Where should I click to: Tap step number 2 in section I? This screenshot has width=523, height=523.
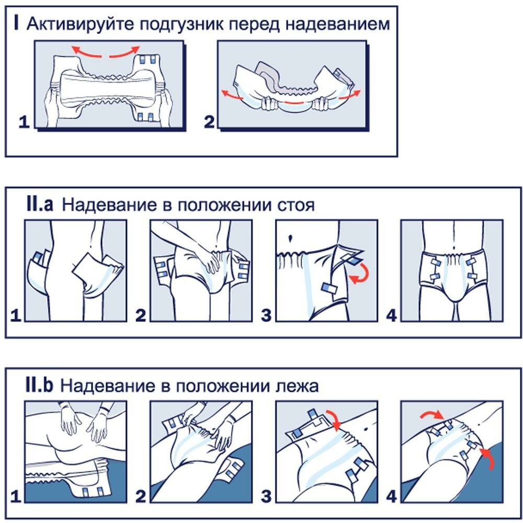coord(209,122)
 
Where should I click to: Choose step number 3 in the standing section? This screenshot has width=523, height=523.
coord(266,316)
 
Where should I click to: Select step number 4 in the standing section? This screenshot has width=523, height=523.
coord(391,316)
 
